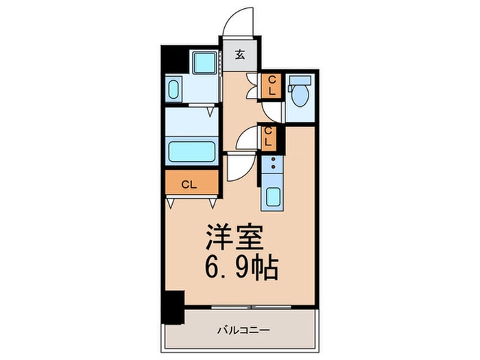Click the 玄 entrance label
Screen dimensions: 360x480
point(240,56)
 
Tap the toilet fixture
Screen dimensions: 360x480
point(299,96)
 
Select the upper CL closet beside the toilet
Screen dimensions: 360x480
point(271,84)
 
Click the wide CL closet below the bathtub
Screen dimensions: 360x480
point(190,184)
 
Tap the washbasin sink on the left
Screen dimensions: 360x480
point(173,90)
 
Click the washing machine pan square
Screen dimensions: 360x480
point(204,63)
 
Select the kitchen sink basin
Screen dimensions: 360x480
point(272,197)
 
